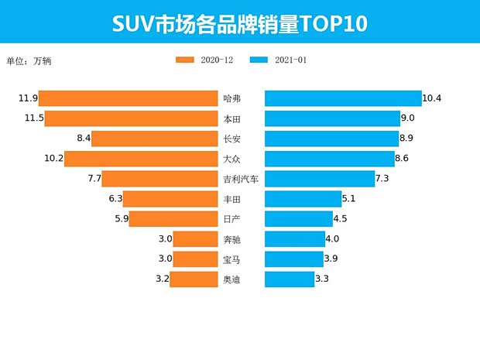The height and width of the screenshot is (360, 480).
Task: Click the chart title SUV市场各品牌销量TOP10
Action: click(239, 23)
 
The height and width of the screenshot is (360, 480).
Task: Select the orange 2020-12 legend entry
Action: click(204, 60)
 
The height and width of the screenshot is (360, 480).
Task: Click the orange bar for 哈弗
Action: click(129, 98)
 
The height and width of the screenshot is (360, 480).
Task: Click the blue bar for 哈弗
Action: click(343, 98)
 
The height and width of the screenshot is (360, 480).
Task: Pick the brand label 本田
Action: click(231, 118)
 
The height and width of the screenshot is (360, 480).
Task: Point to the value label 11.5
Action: click(33, 118)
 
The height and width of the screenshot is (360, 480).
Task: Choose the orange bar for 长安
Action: click(155, 139)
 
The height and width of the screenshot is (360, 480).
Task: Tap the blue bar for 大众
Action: click(330, 159)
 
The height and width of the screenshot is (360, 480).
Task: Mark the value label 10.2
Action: click(53, 159)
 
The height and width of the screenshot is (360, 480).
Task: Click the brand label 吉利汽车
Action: click(240, 179)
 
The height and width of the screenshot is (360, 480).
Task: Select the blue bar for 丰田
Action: click(303, 199)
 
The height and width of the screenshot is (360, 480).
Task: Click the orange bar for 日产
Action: click(173, 219)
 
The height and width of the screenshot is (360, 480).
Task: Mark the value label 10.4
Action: click(432, 98)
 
